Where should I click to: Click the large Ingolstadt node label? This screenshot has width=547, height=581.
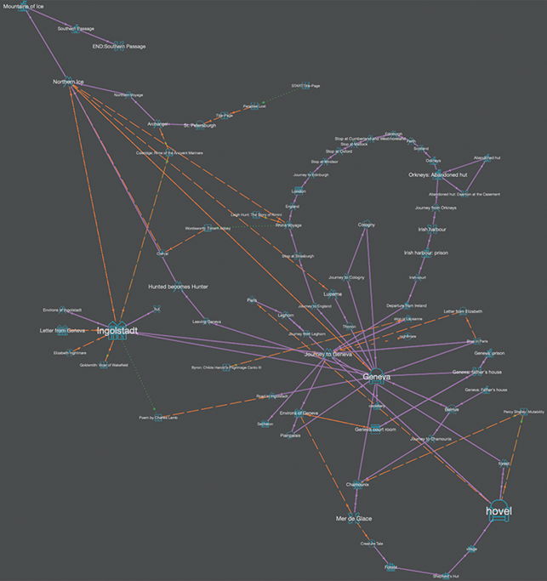[x=117, y=330]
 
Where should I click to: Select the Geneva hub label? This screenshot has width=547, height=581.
[x=376, y=377]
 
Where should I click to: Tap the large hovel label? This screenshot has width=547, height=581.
[x=500, y=510]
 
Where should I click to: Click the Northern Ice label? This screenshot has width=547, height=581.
[x=68, y=82]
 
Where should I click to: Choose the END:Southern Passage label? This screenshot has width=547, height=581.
[x=119, y=46]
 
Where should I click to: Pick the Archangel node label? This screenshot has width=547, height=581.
[x=158, y=124]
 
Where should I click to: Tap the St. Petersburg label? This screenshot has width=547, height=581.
[x=200, y=125]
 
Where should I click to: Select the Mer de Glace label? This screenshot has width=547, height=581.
[x=354, y=517]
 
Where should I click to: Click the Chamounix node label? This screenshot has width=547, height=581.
[x=357, y=484]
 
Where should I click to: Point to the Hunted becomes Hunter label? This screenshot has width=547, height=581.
[x=179, y=287]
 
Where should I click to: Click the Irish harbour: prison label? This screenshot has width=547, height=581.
[x=426, y=253]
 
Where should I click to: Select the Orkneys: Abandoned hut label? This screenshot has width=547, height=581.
[x=439, y=175]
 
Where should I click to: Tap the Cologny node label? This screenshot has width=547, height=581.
[x=367, y=225]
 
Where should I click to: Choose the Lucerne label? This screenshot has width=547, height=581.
[x=333, y=293]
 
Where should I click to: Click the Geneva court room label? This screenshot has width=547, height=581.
[x=376, y=430]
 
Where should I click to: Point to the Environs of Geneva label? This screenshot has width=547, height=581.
[x=298, y=413]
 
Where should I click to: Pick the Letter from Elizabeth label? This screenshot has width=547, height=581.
[x=464, y=312]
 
